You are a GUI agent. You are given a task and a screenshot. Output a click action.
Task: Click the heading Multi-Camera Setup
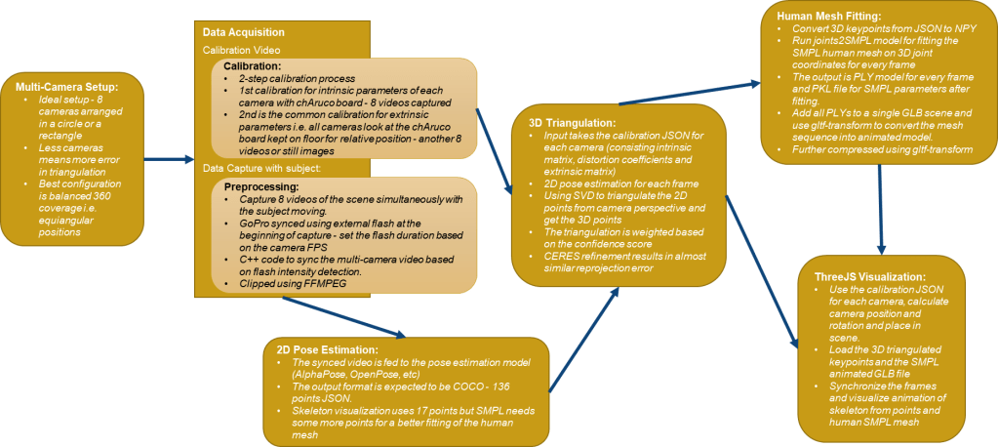pos(60,88)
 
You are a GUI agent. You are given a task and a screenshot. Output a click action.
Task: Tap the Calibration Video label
pos(241,49)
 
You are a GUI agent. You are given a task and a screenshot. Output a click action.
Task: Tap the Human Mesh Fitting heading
pos(829,17)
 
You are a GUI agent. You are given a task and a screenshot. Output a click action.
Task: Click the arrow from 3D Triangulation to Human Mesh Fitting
pos(688,90)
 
